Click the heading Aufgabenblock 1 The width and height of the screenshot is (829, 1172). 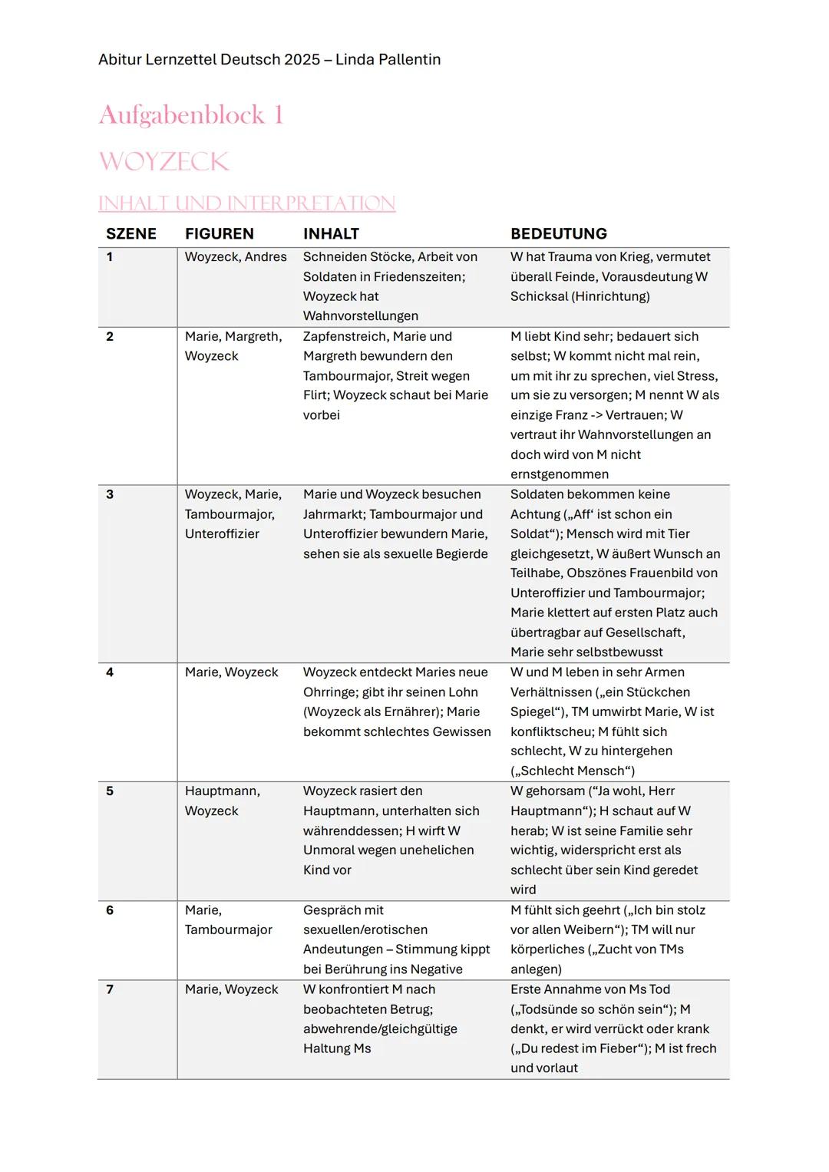191,115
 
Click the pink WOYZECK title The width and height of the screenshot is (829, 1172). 163,162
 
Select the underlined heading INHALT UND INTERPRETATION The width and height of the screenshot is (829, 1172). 246,203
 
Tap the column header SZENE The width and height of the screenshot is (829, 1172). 131,234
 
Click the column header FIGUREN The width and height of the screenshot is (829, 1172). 219,234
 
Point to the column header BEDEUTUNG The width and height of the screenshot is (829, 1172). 558,234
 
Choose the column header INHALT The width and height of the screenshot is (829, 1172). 331,234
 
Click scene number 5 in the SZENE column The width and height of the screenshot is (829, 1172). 110,791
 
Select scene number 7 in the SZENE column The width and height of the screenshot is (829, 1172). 110,989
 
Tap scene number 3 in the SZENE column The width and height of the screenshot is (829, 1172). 110,494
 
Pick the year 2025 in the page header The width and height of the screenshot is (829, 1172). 302,60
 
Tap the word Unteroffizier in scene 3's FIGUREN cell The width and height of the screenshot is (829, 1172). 222,534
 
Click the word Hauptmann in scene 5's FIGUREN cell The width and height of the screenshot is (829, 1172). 220,791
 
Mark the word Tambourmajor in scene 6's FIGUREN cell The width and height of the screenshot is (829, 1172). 228,929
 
